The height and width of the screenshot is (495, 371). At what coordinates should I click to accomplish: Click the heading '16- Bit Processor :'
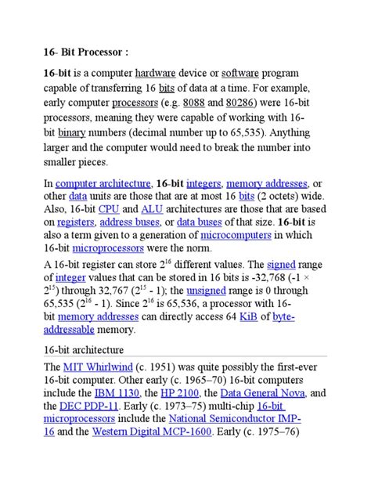(85, 52)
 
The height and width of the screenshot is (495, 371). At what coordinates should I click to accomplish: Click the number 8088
(193, 103)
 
